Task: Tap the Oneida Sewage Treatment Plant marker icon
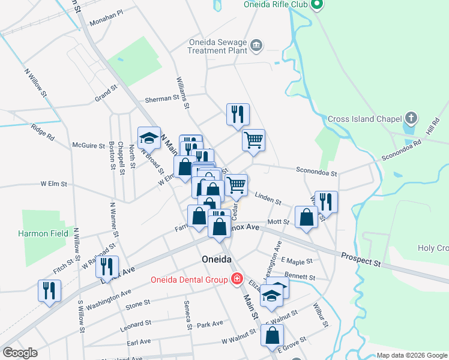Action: (256, 44)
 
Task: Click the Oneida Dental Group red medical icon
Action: (237, 279)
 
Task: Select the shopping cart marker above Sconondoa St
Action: (253, 140)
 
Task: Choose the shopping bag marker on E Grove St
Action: (272, 335)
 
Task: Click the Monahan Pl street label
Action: (106, 20)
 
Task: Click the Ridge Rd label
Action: (42, 132)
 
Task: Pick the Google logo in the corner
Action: (20, 353)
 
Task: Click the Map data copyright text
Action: (412, 355)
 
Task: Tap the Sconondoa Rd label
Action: (402, 151)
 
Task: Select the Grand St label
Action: (105, 95)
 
